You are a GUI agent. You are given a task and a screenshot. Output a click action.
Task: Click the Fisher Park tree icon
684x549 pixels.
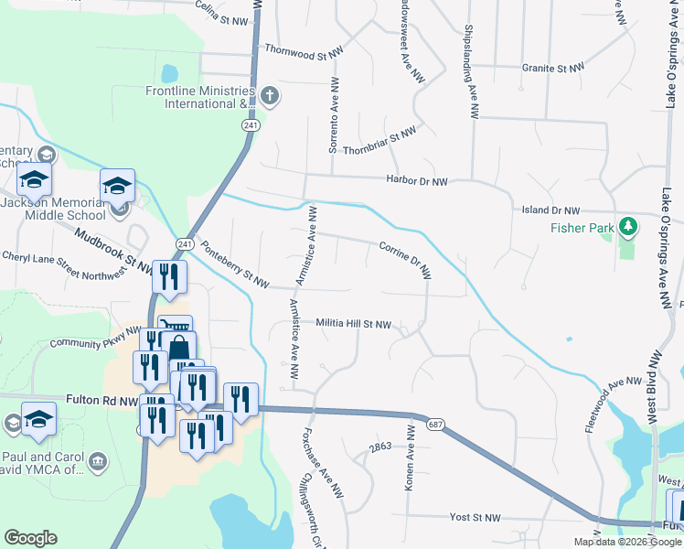[627, 225]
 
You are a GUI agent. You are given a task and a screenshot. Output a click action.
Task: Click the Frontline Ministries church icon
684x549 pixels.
[270, 94]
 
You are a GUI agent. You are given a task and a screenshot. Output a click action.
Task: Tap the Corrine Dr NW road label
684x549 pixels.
[405, 259]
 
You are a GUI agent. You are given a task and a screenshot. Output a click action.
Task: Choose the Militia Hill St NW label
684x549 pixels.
[354, 324]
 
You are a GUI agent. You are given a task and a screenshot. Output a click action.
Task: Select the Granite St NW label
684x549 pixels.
[552, 68]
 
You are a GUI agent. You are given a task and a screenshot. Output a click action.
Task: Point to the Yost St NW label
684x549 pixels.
[476, 517]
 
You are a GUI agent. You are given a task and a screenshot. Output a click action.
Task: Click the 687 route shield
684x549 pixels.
[435, 425]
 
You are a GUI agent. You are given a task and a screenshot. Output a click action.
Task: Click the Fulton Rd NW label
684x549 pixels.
[102, 400]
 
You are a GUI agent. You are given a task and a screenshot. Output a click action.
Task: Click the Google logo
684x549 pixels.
[30, 538]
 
